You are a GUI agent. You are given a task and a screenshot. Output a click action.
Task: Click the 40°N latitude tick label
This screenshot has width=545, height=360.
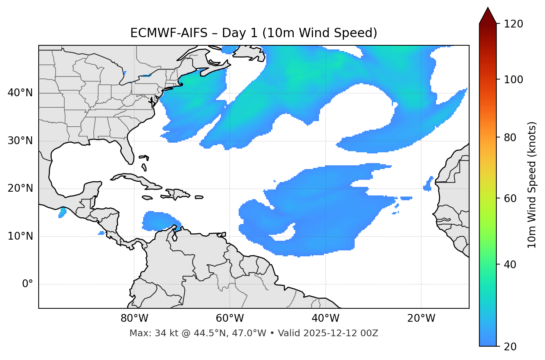20,93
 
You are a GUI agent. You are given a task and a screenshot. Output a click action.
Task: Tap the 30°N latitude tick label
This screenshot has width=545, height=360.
20,141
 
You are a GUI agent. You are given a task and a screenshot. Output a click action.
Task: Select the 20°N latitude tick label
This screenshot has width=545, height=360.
20,188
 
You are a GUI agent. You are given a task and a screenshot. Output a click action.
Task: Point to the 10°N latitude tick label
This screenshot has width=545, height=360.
20,236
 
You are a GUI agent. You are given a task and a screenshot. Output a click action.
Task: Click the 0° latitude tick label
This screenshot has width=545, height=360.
28,284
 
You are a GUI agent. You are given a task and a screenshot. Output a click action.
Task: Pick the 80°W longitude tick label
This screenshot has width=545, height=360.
134,318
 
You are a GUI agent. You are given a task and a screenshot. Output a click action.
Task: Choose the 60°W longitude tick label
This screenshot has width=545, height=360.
230,318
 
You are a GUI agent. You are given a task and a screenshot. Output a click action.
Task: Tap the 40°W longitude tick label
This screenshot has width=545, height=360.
325,318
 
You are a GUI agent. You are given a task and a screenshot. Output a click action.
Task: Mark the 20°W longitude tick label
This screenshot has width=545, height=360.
421,318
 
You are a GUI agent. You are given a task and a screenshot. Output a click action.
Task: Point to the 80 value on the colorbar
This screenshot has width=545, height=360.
512,137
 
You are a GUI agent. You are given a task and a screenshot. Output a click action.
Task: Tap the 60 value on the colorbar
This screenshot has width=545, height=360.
512,198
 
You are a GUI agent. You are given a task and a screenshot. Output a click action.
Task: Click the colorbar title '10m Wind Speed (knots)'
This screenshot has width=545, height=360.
532,185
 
